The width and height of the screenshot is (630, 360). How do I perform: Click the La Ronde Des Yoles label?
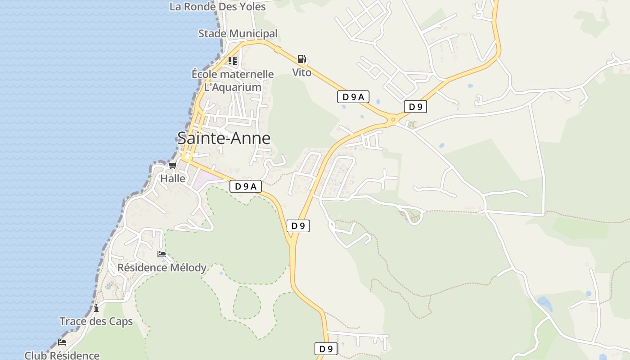pyautogui.click(x=218, y=7)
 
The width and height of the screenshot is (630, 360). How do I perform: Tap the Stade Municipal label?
pyautogui.click(x=238, y=34)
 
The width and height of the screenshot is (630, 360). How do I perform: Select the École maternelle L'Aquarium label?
pyautogui.click(x=233, y=81)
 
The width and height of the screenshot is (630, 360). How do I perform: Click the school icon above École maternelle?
pyautogui.click(x=232, y=60)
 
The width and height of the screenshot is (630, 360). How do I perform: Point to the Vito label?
pyautogui.click(x=301, y=72)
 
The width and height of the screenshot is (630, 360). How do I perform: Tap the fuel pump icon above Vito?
pyautogui.click(x=301, y=59)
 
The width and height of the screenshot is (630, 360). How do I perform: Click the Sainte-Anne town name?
pyautogui.click(x=224, y=138)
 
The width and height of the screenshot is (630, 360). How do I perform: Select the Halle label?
pyautogui.click(x=173, y=179)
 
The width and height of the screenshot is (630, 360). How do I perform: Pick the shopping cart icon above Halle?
pyautogui.click(x=172, y=165)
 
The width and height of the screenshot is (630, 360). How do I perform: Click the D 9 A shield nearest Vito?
pyautogui.click(x=353, y=96)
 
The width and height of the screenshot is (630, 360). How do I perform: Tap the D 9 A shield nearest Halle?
pyautogui.click(x=246, y=186)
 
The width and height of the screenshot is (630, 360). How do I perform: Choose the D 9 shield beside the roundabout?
pyautogui.click(x=415, y=107)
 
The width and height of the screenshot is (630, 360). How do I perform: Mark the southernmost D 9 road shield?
pyautogui.click(x=326, y=349)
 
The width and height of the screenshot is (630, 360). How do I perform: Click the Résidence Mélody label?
pyautogui.click(x=162, y=268)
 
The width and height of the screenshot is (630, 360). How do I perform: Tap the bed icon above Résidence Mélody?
pyautogui.click(x=162, y=254)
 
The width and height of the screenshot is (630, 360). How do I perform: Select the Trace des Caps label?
pyautogui.click(x=96, y=321)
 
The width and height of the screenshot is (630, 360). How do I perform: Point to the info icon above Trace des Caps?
pyautogui.click(x=96, y=308)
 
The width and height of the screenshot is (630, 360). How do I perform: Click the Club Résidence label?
pyautogui.click(x=62, y=355)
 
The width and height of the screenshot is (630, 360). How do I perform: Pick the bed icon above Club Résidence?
pyautogui.click(x=62, y=342)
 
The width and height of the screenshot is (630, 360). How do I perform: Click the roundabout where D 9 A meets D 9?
pyautogui.click(x=393, y=119)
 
